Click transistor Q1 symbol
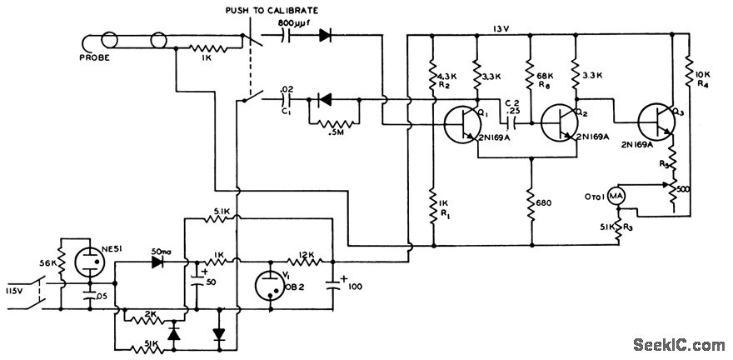tap(461, 125)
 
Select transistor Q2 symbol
tap(556, 125)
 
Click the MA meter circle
tap(615, 194)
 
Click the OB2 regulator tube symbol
tap(271, 282)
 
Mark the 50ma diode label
tap(163, 251)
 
